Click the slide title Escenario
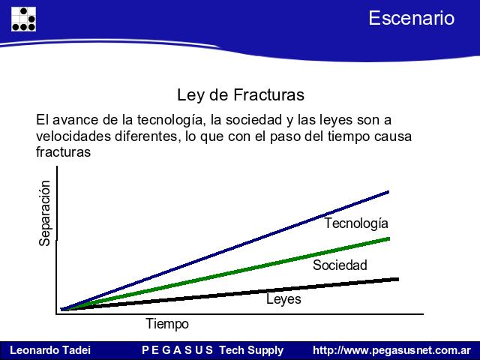412,18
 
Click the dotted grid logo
23,19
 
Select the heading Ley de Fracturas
241,95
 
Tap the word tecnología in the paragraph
170,120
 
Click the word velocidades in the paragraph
73,136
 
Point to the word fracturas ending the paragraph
63,151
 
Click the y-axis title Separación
45,213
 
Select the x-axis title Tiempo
167,324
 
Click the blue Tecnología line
225,250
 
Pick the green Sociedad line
225,274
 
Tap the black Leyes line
229,294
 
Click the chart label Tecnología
356,223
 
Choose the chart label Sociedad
340,265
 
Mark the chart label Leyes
283,299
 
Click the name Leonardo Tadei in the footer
50,350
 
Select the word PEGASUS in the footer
178,350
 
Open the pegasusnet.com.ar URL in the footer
391,350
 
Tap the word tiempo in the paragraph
348,136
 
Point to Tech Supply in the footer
252,350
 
